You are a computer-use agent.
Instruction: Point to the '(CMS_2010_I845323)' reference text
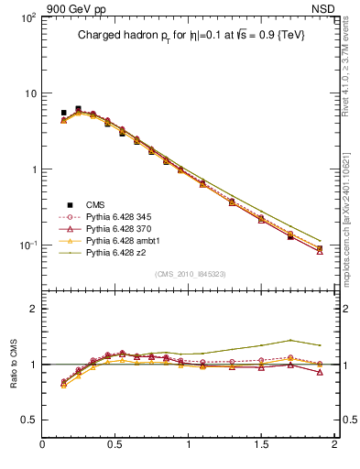pos(190,274)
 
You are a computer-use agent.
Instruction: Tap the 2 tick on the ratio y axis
pos(32,309)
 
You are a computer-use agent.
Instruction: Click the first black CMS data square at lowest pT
pos(63,113)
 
